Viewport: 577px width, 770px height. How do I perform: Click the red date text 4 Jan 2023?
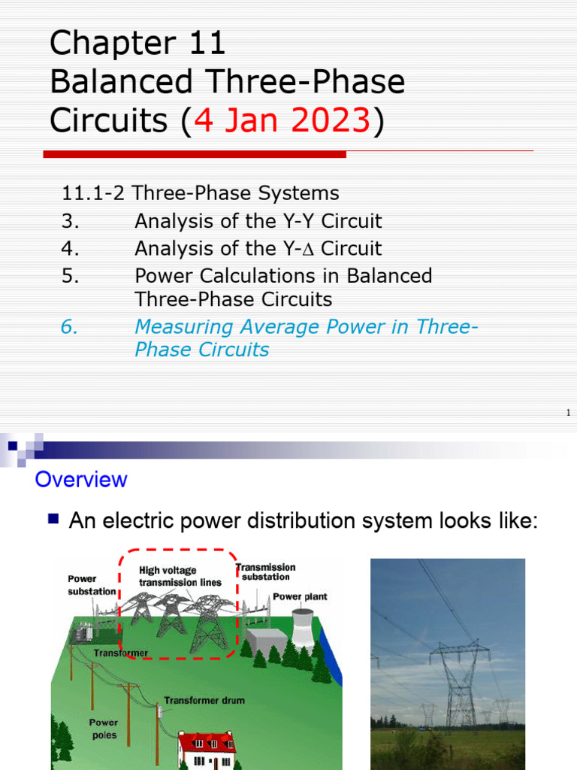pyautogui.click(x=282, y=121)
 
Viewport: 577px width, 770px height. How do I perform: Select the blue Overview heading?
pyautogui.click(x=81, y=479)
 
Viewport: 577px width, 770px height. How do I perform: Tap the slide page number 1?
pyautogui.click(x=569, y=413)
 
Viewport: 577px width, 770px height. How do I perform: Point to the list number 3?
pyautogui.click(x=70, y=221)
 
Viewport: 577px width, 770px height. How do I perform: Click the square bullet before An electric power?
pyautogui.click(x=53, y=518)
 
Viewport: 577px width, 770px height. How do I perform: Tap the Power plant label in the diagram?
pyautogui.click(x=300, y=596)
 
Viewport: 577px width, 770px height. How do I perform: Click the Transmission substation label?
pyautogui.click(x=266, y=571)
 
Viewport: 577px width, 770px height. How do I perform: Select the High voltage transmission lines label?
pyautogui.click(x=180, y=577)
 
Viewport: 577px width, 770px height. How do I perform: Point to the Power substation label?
pyautogui.click(x=92, y=585)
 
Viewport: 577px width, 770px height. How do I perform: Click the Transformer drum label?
pyautogui.click(x=204, y=700)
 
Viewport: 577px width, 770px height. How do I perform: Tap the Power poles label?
pyautogui.click(x=104, y=729)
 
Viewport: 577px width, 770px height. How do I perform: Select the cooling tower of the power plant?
pyautogui.click(x=303, y=626)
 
